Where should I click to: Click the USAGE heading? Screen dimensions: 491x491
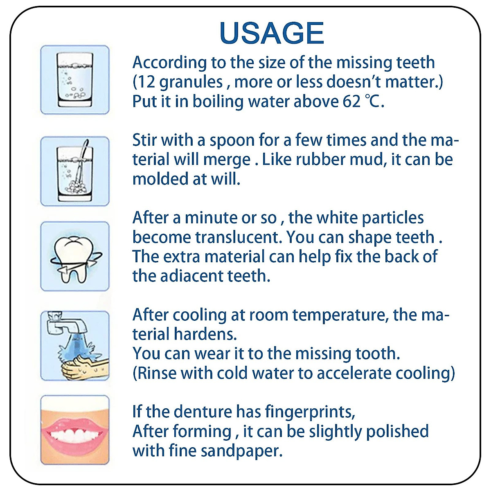point(272,33)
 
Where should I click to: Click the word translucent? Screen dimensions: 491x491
point(239,237)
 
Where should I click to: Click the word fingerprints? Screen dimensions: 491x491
point(310,412)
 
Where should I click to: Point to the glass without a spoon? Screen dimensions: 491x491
point(74,80)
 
